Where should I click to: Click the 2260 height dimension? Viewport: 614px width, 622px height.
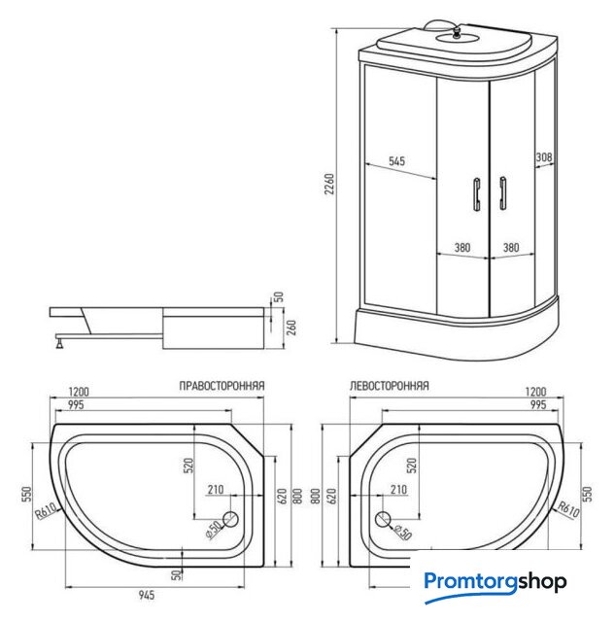click(x=328, y=184)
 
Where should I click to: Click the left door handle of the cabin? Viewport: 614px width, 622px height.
click(x=476, y=192)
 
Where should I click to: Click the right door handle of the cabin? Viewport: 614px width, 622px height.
click(x=503, y=192)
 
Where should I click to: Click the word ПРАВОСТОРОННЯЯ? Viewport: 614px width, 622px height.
click(x=222, y=386)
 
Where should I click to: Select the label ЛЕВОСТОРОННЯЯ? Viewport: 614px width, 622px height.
click(x=389, y=386)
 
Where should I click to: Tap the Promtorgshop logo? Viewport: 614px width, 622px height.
click(x=495, y=583)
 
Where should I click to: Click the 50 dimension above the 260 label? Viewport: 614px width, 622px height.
click(x=278, y=296)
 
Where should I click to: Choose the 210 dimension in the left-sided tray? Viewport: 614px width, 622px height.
click(x=397, y=490)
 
